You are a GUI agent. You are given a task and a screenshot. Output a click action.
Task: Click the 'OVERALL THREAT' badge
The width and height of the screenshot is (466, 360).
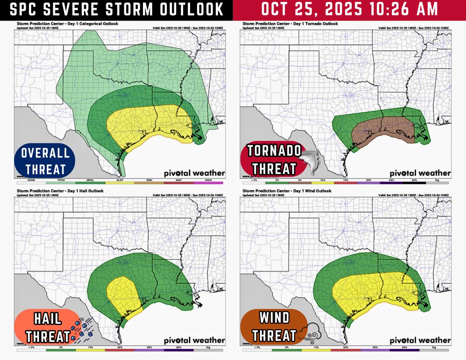(x=45, y=161)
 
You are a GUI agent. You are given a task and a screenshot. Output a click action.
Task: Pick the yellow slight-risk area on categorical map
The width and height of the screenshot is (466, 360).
(x=149, y=123)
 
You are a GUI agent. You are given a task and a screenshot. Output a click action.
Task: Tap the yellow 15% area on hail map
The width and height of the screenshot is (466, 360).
(x=122, y=293)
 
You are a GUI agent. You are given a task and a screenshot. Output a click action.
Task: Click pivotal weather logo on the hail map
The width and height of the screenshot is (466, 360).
(x=194, y=340)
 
